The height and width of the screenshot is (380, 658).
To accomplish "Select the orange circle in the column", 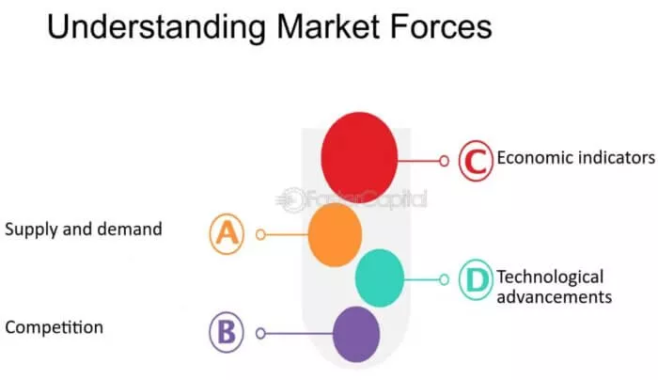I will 335,234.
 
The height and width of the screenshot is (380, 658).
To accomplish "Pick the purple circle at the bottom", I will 356,332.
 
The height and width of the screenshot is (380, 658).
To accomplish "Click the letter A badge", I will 227,234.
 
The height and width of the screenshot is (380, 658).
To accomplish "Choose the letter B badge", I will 226,332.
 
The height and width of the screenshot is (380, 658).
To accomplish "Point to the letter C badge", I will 477,160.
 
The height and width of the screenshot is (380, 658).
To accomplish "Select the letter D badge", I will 477,279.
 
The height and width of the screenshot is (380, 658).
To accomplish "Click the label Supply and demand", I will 84,229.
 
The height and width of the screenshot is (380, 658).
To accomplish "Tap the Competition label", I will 54,327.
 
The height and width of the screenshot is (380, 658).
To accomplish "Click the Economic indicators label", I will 575,157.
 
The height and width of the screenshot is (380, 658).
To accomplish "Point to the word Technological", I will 550,277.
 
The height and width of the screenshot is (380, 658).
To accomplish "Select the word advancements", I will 554,296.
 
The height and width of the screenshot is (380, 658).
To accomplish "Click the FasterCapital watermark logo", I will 352,198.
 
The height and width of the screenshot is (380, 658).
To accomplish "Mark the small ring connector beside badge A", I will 261,234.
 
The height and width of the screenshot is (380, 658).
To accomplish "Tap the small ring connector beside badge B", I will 261,332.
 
